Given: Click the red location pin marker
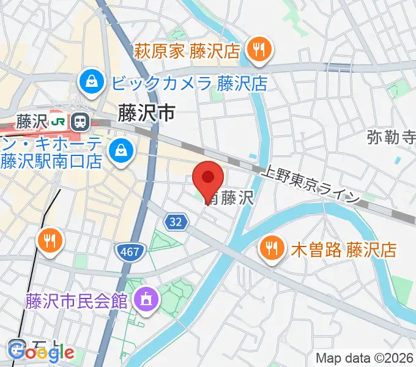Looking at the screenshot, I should pyautogui.click(x=207, y=179).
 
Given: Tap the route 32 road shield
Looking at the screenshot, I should pyautogui.click(x=176, y=223).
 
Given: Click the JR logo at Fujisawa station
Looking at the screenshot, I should pyautogui.click(x=59, y=122).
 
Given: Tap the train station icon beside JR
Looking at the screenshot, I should pyautogui.click(x=79, y=122).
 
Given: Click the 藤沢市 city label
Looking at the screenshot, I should pyautogui.click(x=146, y=113).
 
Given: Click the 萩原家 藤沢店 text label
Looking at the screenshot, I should pyautogui.click(x=187, y=50).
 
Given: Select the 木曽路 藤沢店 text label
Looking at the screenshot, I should pyautogui.click(x=344, y=250).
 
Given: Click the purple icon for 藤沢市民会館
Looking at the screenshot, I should pyautogui.click(x=146, y=300).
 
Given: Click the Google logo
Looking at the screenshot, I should pyautogui.click(x=42, y=352).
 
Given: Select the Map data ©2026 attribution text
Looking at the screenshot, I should pyautogui.click(x=365, y=358).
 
